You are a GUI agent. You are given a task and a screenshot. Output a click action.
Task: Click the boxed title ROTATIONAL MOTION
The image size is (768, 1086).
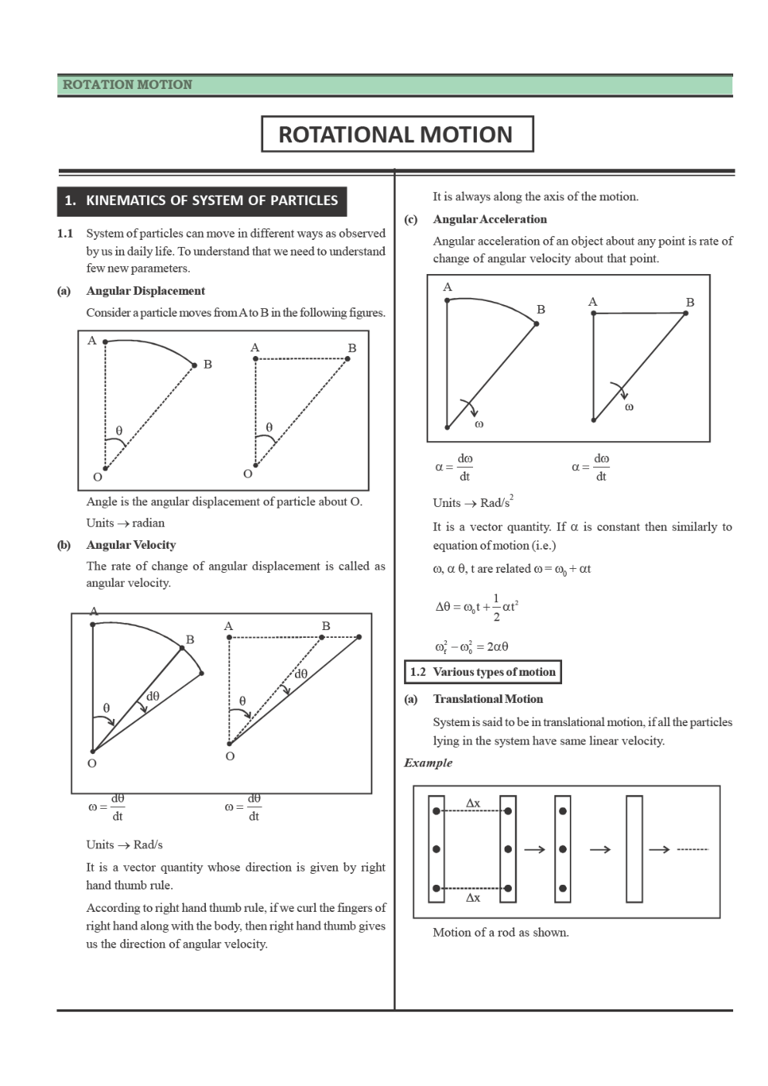point(396,135)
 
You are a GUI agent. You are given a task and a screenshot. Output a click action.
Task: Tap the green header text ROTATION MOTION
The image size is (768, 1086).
point(127,85)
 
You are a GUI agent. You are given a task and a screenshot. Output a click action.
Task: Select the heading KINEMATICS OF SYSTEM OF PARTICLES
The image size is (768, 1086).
point(211,200)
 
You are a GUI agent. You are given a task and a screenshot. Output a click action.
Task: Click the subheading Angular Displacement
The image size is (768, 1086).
point(146,291)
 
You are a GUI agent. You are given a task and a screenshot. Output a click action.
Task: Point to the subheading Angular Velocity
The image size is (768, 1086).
point(131,545)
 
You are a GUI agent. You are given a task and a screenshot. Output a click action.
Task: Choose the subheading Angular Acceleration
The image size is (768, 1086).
point(489,219)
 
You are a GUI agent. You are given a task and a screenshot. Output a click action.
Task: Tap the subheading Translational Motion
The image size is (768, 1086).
point(488,699)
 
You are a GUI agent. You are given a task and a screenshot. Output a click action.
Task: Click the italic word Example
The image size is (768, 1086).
point(428,762)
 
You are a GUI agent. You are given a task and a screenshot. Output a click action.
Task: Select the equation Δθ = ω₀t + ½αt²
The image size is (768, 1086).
point(476,607)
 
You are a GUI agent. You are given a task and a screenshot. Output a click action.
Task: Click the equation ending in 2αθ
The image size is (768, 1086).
point(471,646)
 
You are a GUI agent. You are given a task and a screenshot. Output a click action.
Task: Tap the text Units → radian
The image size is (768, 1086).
point(125,523)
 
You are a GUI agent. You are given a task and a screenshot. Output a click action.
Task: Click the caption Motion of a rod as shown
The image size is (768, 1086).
point(500,932)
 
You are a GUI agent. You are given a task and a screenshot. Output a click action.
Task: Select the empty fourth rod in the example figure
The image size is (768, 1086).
point(634,849)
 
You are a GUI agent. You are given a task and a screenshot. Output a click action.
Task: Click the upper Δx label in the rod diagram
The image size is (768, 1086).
point(472,803)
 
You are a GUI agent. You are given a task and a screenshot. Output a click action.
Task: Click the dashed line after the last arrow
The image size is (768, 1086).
point(692,850)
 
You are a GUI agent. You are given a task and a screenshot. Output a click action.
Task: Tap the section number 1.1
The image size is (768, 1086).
point(65,234)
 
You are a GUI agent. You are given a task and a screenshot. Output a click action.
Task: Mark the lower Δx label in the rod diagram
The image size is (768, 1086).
point(472,898)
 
